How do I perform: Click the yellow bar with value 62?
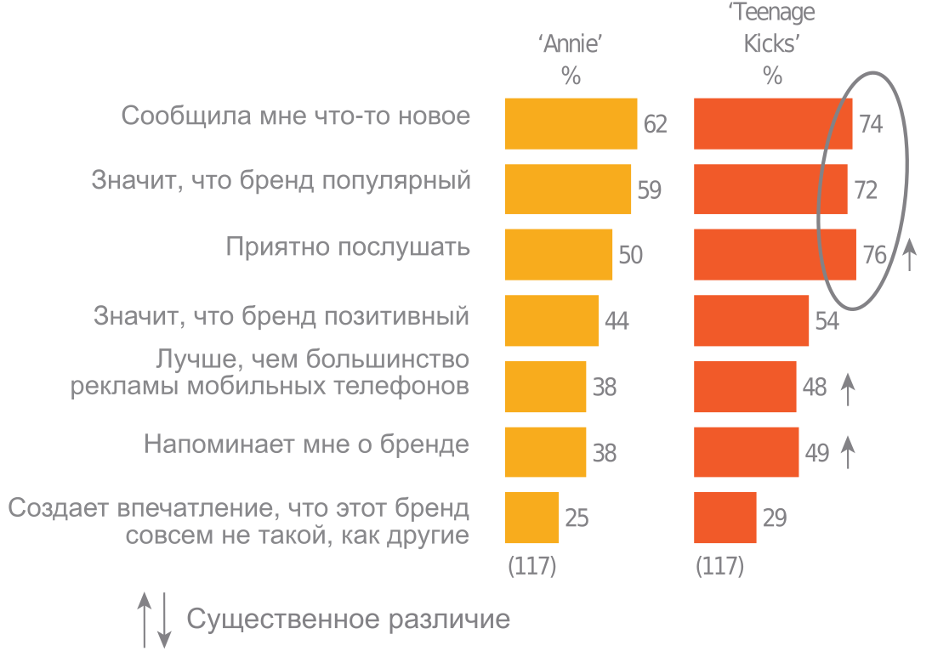tap(571, 124)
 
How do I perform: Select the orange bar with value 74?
tap(773, 124)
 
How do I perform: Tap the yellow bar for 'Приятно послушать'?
tap(558, 254)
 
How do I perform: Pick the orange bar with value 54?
tap(751, 320)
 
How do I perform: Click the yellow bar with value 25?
tap(531, 518)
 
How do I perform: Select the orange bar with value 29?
tap(725, 518)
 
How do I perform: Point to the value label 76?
tap(874, 255)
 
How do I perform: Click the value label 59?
tap(649, 190)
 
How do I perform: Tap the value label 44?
tap(617, 321)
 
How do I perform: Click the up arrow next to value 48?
tap(847, 388)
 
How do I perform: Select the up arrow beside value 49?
tap(847, 452)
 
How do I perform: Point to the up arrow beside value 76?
tap(909, 255)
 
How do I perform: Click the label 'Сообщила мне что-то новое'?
tap(295, 116)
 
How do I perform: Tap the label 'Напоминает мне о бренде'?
tap(306, 444)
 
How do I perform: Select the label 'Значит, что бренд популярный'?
tap(281, 181)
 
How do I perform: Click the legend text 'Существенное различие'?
tap(348, 619)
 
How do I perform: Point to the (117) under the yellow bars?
tap(531, 566)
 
